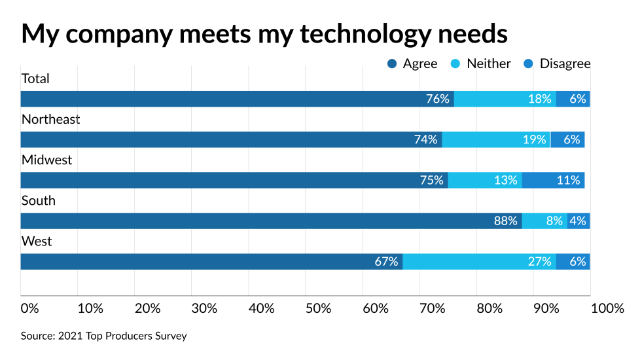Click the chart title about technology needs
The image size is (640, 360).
coord(264,33)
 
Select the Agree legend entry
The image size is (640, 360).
coord(412,63)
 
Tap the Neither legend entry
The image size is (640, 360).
coord(481,63)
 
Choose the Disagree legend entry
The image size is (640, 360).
coord(557,63)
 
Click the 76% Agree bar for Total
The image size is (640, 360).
coord(237,99)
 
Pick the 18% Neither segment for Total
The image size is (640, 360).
coord(505,99)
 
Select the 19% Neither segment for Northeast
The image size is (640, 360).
coord(496,139)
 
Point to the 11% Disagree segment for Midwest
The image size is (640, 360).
coord(553,180)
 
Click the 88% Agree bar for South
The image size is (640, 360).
coord(271,221)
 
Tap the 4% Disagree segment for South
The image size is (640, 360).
coord(578,221)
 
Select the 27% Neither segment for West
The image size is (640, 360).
coord(479,261)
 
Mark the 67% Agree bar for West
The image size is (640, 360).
coord(211,261)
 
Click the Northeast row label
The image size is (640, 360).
coord(50,119)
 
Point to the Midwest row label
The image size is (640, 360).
coord(46,160)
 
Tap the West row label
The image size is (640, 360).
coord(36,241)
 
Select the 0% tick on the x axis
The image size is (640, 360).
coord(29,308)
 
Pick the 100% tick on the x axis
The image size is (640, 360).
coord(607,308)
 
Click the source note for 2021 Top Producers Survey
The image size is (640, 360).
coord(103,336)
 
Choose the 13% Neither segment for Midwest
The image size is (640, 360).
coord(484,180)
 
